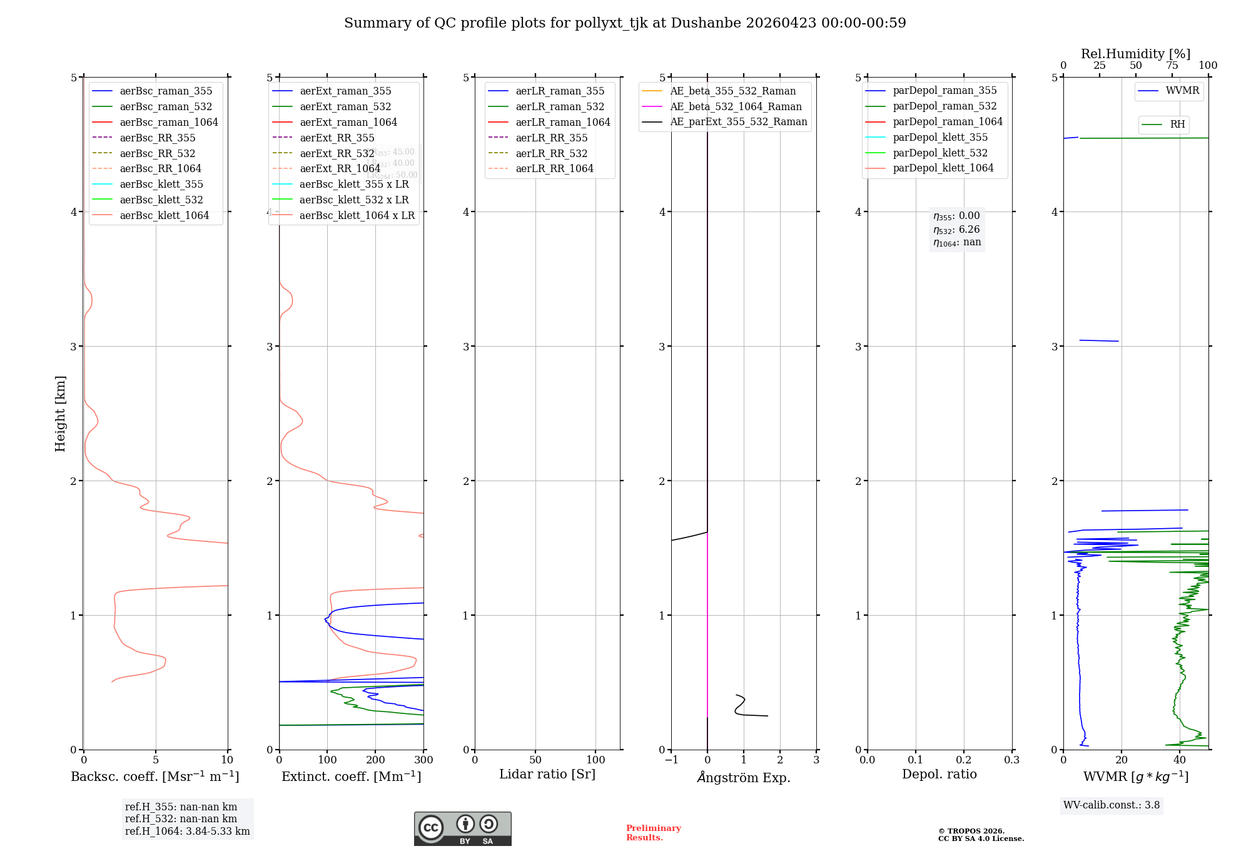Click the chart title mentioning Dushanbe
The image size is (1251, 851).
coord(625,23)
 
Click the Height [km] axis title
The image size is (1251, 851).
coord(60,413)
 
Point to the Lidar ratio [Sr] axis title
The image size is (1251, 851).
coord(547,774)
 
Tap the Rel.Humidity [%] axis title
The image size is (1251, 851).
coord(1135,54)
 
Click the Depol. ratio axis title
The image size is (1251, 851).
coord(939,774)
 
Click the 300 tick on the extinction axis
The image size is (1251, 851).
coord(423,760)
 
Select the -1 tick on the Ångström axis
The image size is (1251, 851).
coord(671,760)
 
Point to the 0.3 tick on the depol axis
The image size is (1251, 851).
coord(1011,760)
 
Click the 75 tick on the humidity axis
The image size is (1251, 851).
coord(1172,66)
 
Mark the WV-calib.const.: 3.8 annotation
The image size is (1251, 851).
coord(1112,805)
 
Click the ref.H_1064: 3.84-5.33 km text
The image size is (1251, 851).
coord(187,831)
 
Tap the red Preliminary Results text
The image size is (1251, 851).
coord(653,833)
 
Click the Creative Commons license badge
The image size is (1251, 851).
coord(462,828)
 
